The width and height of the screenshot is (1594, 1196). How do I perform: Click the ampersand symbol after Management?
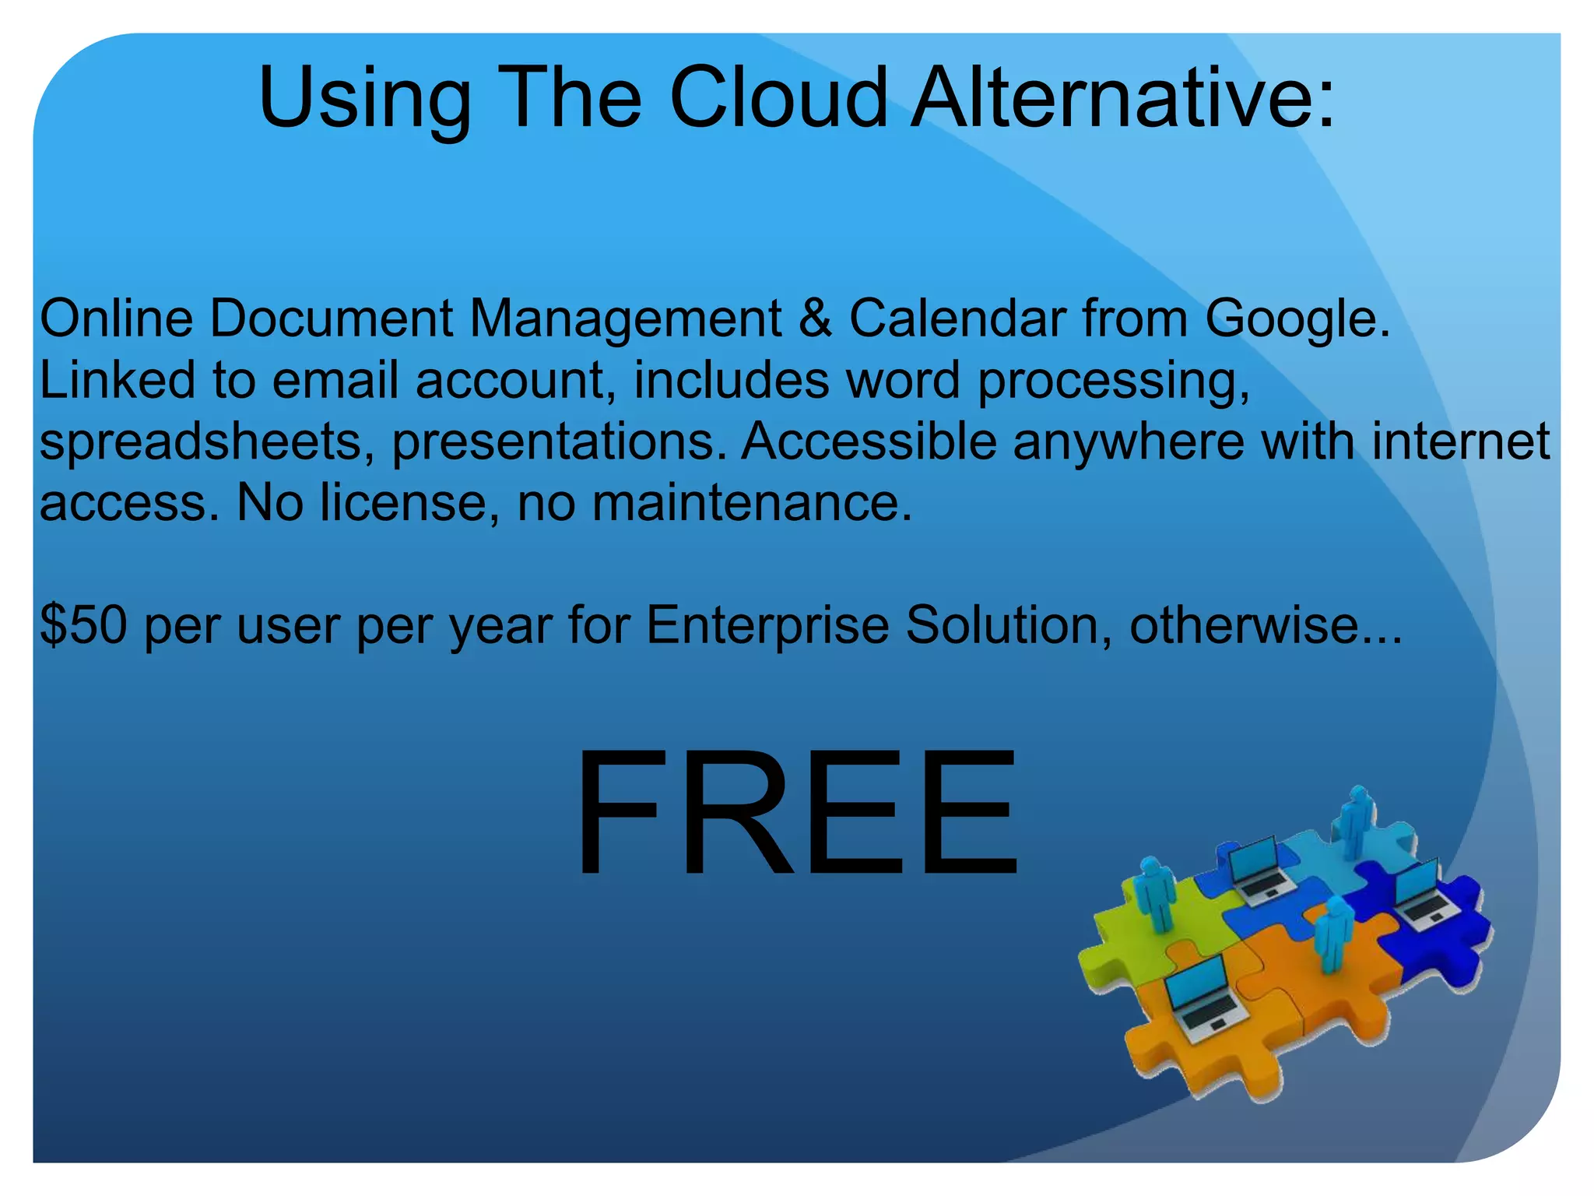coord(815,319)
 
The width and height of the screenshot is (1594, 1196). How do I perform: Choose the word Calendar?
coord(957,318)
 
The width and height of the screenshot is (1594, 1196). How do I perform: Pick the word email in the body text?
coord(335,380)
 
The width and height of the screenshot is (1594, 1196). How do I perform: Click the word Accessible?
coord(869,441)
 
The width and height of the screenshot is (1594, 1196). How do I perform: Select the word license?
coord(409,503)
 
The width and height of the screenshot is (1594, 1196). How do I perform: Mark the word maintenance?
coord(752,503)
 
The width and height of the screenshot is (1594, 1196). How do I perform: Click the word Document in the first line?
coord(332,318)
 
